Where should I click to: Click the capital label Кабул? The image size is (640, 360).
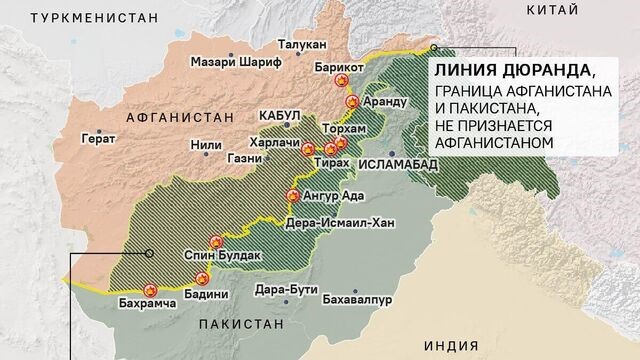pyautogui.click(x=279, y=116)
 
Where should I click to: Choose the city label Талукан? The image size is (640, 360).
pyautogui.click(x=300, y=45)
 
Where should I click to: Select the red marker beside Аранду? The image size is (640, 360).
pyautogui.click(x=352, y=101)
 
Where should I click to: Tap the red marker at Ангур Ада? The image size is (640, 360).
pyautogui.click(x=293, y=196)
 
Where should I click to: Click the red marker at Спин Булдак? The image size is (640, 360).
pyautogui.click(x=216, y=241)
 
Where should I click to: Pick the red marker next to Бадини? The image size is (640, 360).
pyautogui.click(x=203, y=278)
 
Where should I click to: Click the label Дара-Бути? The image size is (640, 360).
pyautogui.click(x=286, y=290)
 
